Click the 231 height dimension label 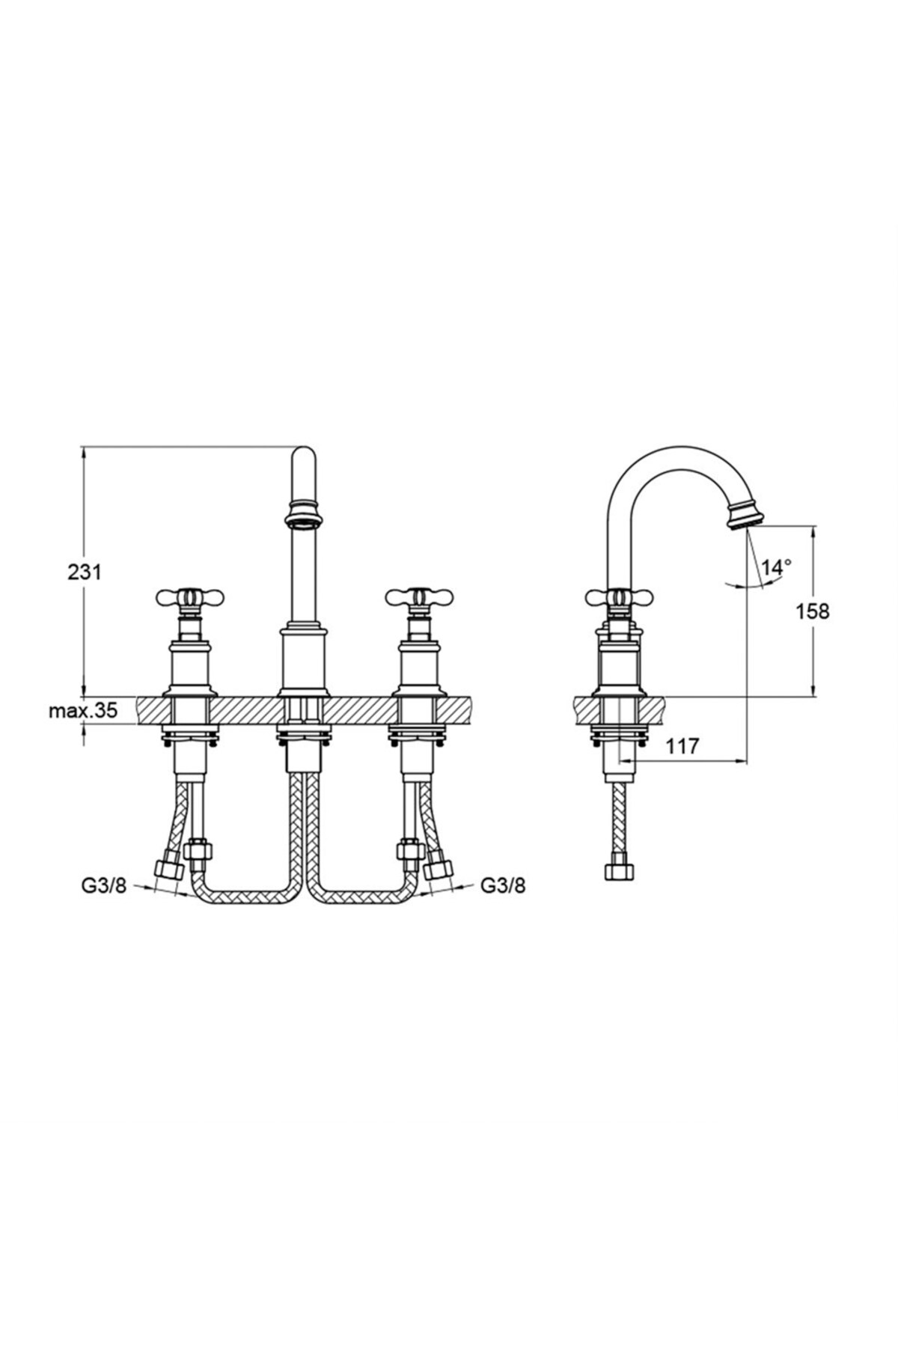tap(85, 572)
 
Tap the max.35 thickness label tap(83, 711)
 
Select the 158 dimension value tap(812, 611)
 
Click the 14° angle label tap(777, 566)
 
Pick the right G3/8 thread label tap(502, 886)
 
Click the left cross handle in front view tap(190, 597)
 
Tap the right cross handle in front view tap(419, 597)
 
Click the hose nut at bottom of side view tap(620, 873)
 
